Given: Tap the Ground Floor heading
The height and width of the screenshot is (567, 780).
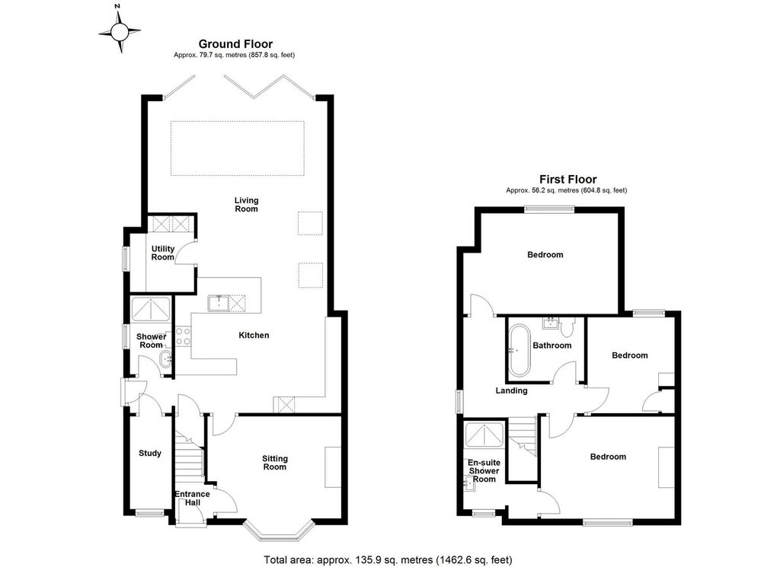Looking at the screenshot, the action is pyautogui.click(x=235, y=44).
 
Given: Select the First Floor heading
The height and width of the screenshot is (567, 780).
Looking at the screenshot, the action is pyautogui.click(x=567, y=180).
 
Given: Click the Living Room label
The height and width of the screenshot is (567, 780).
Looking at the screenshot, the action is pyautogui.click(x=247, y=205).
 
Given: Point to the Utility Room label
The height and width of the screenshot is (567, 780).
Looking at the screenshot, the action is pyautogui.click(x=163, y=253).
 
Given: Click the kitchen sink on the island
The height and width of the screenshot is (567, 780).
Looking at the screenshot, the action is pyautogui.click(x=219, y=303).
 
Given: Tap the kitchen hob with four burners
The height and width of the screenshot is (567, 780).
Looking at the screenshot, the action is pyautogui.click(x=183, y=336).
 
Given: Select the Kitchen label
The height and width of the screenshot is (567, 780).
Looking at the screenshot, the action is pyautogui.click(x=254, y=336).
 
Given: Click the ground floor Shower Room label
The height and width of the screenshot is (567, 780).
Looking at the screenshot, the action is pyautogui.click(x=152, y=341).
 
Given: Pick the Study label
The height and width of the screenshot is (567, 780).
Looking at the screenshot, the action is pyautogui.click(x=150, y=453).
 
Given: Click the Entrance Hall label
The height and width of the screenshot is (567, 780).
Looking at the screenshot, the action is pyautogui.click(x=192, y=499).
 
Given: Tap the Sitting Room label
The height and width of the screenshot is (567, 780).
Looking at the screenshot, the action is pyautogui.click(x=274, y=463).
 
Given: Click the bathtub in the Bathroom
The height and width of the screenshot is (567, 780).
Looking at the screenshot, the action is pyautogui.click(x=519, y=350).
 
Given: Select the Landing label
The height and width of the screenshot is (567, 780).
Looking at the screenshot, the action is pyautogui.click(x=511, y=390).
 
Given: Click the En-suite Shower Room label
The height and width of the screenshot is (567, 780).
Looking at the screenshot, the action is pyautogui.click(x=484, y=470).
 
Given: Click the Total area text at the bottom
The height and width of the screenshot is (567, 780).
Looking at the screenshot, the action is pyautogui.click(x=388, y=560).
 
